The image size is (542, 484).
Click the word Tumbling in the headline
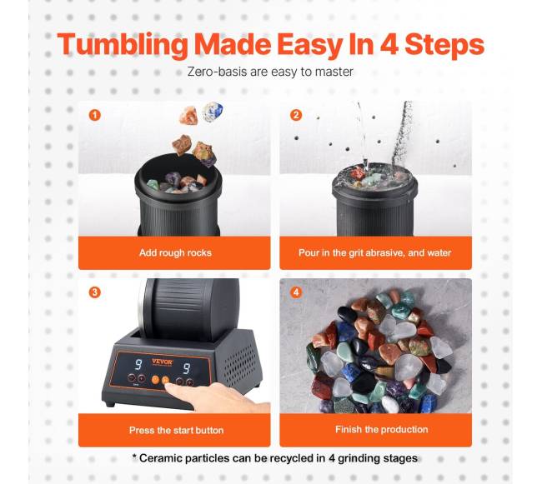(123, 45)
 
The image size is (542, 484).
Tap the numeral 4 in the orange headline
(389, 44)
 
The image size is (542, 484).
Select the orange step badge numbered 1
(95, 115)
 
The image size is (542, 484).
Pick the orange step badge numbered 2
(296, 115)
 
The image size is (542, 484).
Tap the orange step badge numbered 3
(95, 292)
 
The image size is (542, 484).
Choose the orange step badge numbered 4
(296, 292)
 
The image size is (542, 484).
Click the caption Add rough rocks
(175, 252)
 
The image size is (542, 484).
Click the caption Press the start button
(176, 430)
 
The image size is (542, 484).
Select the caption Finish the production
(382, 430)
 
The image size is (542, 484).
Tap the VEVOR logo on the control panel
(162, 362)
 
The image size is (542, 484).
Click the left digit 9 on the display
(138, 365)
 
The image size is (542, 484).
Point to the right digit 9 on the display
(186, 368)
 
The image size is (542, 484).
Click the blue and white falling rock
(213, 112)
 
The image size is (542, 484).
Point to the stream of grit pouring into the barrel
(401, 135)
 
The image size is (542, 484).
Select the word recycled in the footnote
(293, 458)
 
